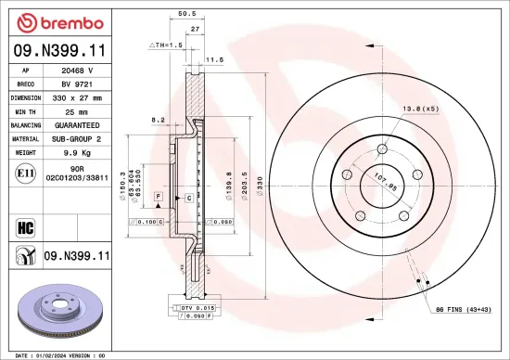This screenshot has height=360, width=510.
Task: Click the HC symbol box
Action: tap(23, 225)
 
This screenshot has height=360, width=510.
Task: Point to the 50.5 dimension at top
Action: tap(185, 14)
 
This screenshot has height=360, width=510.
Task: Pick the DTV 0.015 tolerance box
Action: tap(192, 307)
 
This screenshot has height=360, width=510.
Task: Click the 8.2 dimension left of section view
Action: tap(158, 120)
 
